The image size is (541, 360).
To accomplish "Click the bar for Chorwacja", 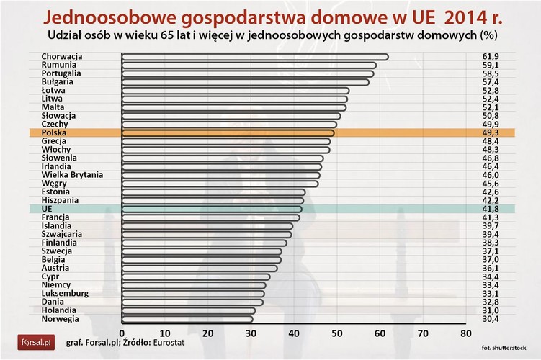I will click(255, 57).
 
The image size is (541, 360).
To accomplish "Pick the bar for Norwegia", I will click(187, 318).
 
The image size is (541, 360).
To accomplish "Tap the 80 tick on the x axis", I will click(465, 333).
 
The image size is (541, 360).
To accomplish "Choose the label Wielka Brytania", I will click(72, 175).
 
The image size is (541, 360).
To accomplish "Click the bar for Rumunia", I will click(249, 66).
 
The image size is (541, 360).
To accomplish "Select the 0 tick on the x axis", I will click(122, 333).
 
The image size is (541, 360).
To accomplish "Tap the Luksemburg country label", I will click(65, 293).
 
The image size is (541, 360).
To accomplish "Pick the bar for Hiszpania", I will click(213, 200).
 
